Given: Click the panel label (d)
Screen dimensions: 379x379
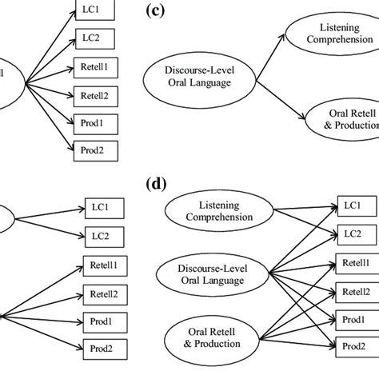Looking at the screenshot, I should point(157,185).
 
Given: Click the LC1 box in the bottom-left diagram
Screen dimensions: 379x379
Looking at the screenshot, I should point(102,207).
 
